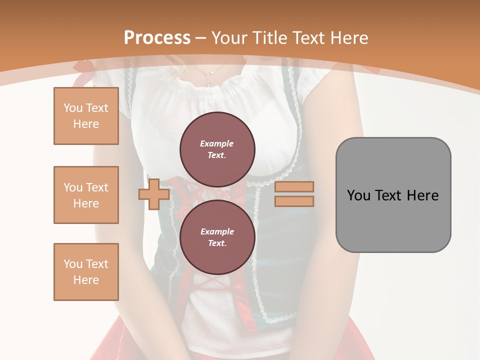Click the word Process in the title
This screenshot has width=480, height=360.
click(157, 37)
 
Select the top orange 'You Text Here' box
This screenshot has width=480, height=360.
click(86, 116)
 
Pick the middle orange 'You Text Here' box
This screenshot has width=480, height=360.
click(86, 195)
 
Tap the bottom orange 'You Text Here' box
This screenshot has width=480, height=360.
click(86, 271)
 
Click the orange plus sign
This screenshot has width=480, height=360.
click(154, 194)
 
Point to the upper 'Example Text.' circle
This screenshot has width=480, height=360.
click(217, 149)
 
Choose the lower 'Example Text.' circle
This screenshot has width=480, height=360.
click(217, 237)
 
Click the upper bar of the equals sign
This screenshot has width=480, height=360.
click(294, 186)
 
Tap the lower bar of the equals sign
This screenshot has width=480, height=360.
click(294, 201)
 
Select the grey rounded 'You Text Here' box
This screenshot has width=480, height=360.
click(393, 195)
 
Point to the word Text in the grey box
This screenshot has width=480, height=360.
click(389, 195)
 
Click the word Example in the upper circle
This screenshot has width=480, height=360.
click(217, 143)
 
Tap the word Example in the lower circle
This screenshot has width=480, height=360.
click(217, 231)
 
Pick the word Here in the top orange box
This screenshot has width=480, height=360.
click(86, 124)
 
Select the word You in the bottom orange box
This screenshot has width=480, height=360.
click(73, 264)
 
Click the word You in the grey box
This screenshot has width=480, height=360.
click(359, 195)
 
